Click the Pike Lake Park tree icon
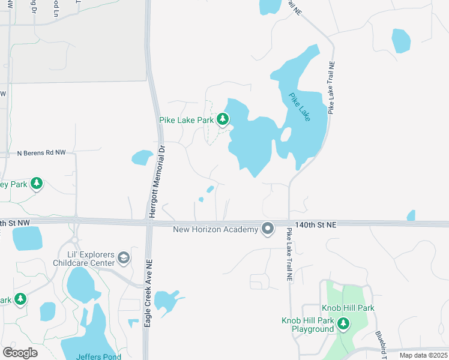[x=223, y=119]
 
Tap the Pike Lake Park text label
[x=186, y=120]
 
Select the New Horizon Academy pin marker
[x=268, y=229]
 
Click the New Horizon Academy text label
[x=215, y=229]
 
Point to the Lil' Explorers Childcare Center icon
[x=124, y=258]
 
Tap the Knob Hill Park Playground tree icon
[x=343, y=325]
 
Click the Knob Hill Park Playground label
[x=307, y=325]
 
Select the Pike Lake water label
[x=300, y=107]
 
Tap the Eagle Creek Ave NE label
[x=148, y=295]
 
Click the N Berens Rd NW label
[x=41, y=153]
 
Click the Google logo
[x=20, y=352]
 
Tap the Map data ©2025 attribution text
[x=424, y=356]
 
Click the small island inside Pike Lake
[x=286, y=134]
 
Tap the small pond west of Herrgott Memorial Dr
[x=142, y=158]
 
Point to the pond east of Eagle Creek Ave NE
[x=166, y=302]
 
